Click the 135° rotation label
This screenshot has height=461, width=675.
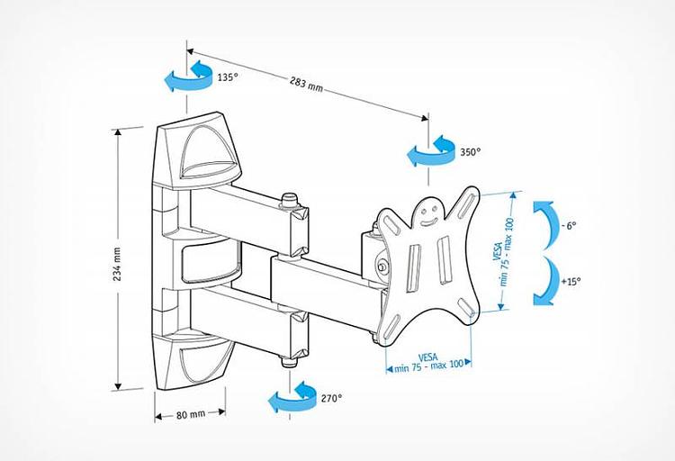pyautogui.click(x=228, y=77)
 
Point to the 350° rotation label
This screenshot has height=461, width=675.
pyautogui.click(x=470, y=152)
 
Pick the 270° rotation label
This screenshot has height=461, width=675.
pyautogui.click(x=331, y=397)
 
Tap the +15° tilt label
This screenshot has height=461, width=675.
pyautogui.click(x=570, y=281)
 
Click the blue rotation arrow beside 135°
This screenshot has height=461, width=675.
pyautogui.click(x=187, y=78)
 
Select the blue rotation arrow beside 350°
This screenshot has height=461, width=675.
pyautogui.click(x=429, y=152)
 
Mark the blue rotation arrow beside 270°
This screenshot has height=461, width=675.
pyautogui.click(x=293, y=398)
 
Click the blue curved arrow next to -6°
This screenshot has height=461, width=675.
pyautogui.click(x=542, y=224)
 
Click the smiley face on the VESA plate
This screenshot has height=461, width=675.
pyautogui.click(x=429, y=212)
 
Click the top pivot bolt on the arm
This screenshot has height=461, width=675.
pyautogui.click(x=290, y=200)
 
